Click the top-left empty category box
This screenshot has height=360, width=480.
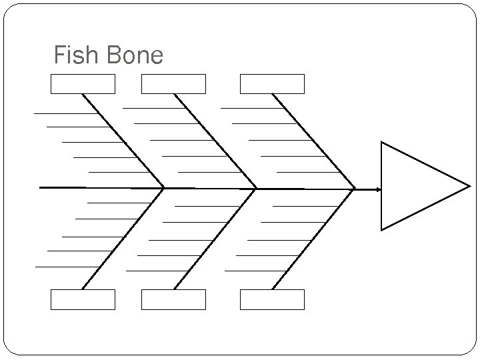coord(83,84)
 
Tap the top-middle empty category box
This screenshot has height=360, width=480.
coord(174,84)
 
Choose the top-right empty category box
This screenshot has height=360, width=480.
coord(272,84)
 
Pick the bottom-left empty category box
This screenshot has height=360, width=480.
coord(83,300)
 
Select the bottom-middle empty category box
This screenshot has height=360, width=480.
coord(174,300)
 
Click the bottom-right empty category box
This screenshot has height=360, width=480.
coord(272,300)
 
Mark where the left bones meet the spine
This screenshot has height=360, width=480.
coord(164,188)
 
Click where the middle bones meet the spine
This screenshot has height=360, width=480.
coord(256,189)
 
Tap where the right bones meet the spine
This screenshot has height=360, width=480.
coord(355,189)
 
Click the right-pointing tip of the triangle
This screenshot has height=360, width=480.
coord(469,186)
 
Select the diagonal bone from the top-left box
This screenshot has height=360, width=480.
coord(123,141)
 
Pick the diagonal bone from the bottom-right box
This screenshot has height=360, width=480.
coord(313,239)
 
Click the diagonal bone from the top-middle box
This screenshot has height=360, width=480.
coord(215,141)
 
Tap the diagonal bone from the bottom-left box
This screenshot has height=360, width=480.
coord(123,239)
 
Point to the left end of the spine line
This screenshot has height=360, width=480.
coord(41,188)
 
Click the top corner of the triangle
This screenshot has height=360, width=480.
coord(381,142)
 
